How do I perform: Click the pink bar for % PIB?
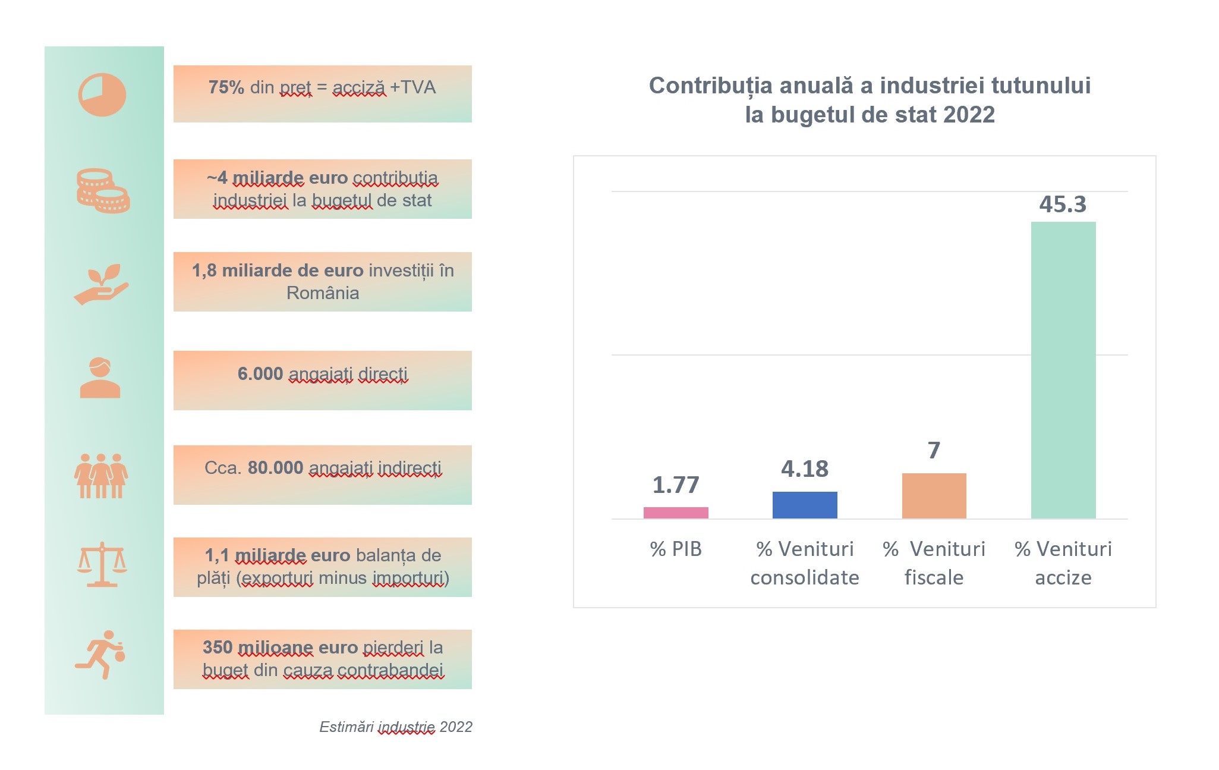(x=676, y=513)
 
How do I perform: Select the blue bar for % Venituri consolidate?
(x=805, y=505)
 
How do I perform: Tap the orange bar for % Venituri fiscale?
(x=934, y=496)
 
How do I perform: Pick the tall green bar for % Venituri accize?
(x=1063, y=370)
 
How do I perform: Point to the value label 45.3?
(x=1063, y=205)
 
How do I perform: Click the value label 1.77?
(x=676, y=485)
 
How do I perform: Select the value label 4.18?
(x=805, y=469)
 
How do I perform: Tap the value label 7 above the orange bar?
(x=934, y=450)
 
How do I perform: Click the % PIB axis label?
(x=676, y=549)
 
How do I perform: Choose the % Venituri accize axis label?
(x=1063, y=562)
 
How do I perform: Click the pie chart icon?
(x=102, y=95)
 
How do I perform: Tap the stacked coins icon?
(x=103, y=191)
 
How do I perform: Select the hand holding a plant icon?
(x=102, y=284)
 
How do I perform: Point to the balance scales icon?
(x=102, y=564)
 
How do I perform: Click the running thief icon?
(x=102, y=654)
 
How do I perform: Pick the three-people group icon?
(x=101, y=476)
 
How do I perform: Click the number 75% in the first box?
(x=226, y=87)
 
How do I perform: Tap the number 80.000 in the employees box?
(x=275, y=468)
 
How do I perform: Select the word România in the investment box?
(x=323, y=293)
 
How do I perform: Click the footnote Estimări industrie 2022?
(x=396, y=727)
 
